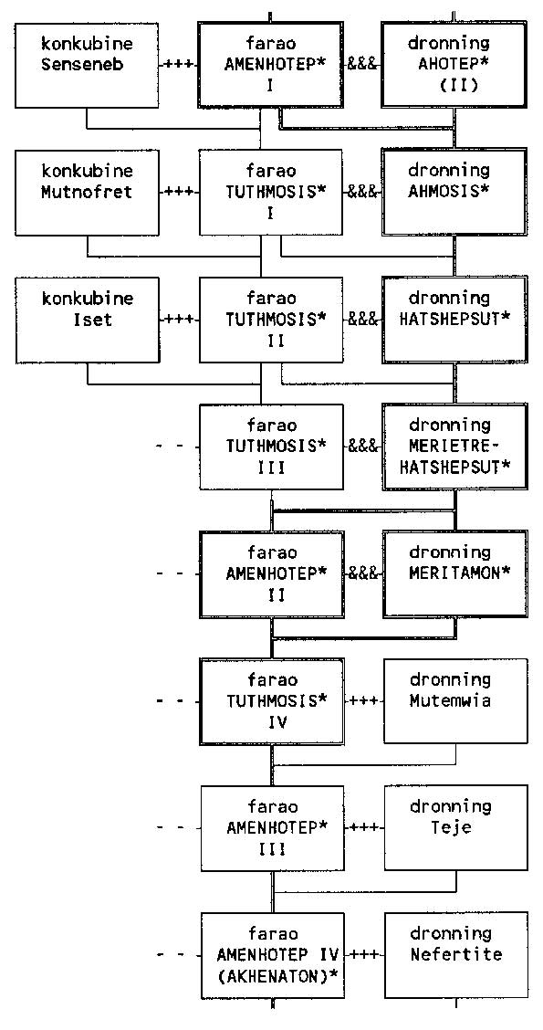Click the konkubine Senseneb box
point(87,65)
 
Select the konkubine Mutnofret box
point(87,192)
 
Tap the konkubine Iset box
point(87,320)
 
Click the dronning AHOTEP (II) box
point(454,64)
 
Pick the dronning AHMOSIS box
point(454,191)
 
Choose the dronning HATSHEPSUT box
point(454,320)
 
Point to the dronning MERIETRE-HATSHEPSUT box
point(454,447)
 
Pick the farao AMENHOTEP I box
point(270,65)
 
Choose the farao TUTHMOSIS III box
point(271,447)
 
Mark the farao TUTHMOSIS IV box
point(271,701)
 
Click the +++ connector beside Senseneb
point(179,65)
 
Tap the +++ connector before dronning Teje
point(364,827)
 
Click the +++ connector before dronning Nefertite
point(364,954)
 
